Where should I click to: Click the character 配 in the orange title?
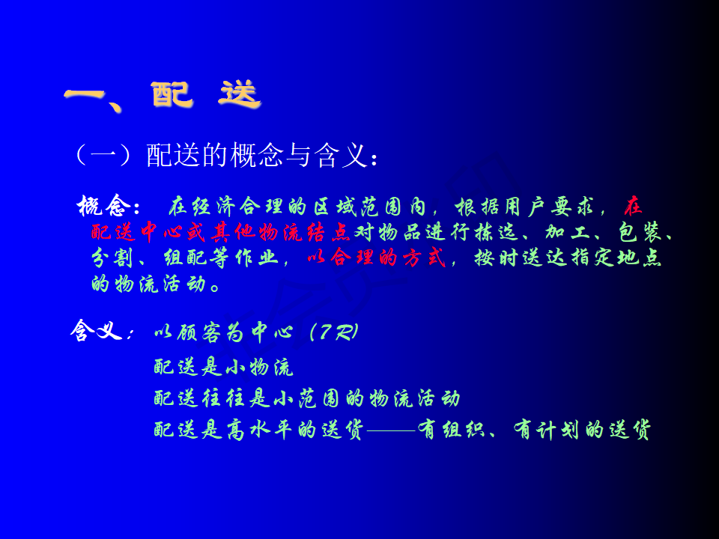tap(171, 94)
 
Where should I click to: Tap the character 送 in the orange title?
tap(240, 94)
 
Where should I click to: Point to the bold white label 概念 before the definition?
tap(102, 206)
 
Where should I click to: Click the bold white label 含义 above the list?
tap(97, 330)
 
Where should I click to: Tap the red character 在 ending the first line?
tap(633, 207)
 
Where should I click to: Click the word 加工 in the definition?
tap(567, 232)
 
